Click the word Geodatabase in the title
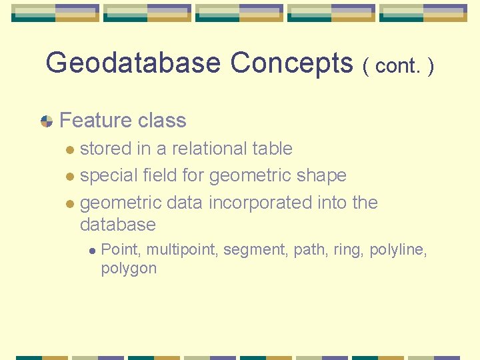(133, 63)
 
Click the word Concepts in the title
(291, 63)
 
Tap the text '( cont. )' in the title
(399, 66)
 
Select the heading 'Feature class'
(123, 121)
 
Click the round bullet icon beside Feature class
(47, 121)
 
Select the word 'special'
(109, 175)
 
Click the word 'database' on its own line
(117, 225)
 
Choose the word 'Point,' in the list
(121, 250)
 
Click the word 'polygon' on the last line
(129, 269)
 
